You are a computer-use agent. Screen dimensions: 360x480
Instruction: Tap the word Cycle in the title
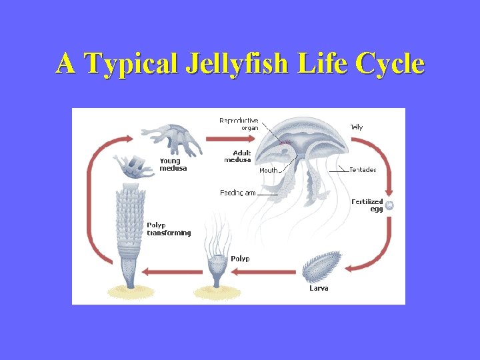[x=390, y=64]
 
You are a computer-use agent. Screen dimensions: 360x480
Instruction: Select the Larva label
[x=319, y=288]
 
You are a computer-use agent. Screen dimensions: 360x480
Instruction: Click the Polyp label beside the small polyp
[x=240, y=259]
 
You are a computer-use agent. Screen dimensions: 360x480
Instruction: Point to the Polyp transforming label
[x=169, y=229]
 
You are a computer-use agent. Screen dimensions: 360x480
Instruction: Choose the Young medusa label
[x=173, y=165]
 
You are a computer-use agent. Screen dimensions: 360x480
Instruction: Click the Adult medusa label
[x=237, y=157]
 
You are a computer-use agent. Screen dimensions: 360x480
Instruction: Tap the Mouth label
[x=268, y=171]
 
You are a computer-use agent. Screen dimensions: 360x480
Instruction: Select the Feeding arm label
[x=238, y=193]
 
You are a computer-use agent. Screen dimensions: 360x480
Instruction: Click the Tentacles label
[x=363, y=170]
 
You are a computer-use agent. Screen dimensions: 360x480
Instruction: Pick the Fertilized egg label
[x=368, y=205]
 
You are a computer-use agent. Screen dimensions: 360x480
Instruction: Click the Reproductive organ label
[x=239, y=124]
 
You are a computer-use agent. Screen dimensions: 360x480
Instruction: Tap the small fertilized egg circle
[x=389, y=206]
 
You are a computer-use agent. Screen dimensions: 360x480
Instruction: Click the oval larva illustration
[x=322, y=267]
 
